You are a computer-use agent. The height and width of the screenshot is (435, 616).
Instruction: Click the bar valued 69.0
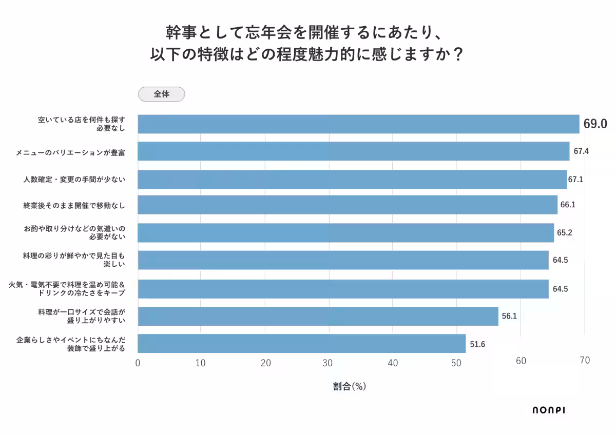tap(358, 124)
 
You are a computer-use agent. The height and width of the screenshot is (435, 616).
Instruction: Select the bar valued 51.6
tap(302, 344)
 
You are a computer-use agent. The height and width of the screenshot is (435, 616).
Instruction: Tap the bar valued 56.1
tap(318, 316)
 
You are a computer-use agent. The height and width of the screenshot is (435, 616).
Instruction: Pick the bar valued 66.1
tap(348, 205)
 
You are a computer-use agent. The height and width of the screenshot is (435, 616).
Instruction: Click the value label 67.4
tap(581, 151)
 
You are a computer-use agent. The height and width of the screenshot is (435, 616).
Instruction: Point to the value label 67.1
tap(575, 180)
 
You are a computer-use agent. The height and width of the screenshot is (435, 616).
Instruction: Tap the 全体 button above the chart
tap(162, 94)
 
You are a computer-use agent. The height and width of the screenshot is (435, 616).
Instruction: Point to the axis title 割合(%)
tap(349, 387)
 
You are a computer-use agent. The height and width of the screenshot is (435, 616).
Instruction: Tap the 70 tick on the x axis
tap(585, 361)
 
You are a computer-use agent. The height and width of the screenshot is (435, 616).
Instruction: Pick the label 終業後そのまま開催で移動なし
tap(74, 205)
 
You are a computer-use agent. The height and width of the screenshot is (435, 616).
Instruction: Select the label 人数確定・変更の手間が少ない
tap(74, 180)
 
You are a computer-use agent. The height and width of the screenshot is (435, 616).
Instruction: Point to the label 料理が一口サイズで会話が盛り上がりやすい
tap(82, 316)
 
